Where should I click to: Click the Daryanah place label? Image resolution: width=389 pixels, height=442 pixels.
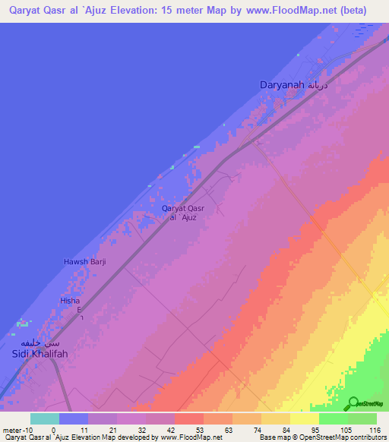pos(283,87)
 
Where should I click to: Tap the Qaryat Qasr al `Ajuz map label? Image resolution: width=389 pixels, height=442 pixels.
pos(183,212)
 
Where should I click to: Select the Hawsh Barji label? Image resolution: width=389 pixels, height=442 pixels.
pos(84,261)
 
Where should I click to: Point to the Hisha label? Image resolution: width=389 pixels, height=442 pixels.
pos(70,301)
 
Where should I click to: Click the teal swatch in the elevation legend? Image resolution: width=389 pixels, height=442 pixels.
pos(45,418)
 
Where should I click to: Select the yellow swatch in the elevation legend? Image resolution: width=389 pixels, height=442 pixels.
pos(305,418)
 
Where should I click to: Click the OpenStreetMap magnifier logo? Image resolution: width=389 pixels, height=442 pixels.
pos(354,403)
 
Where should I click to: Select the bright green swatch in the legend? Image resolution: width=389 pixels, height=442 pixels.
pos(334,418)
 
